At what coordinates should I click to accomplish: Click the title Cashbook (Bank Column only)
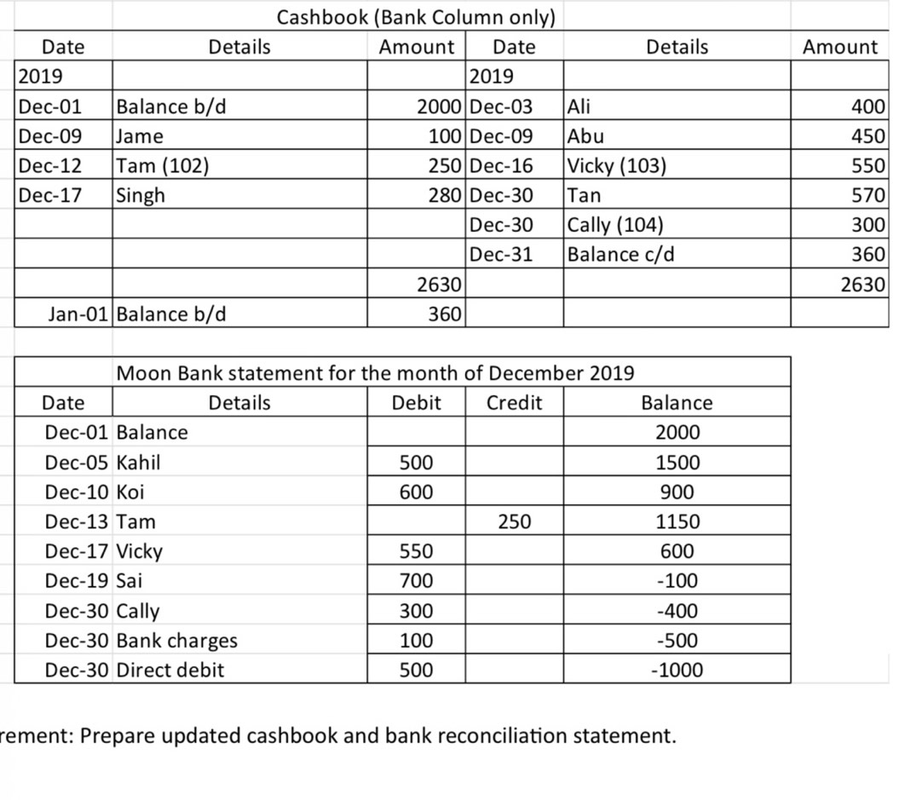coord(417,16)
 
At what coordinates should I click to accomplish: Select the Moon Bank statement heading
coord(374,372)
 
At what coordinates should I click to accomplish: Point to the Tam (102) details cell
coord(161,165)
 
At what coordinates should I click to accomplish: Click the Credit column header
coord(514,402)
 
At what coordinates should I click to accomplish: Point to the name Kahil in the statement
coord(138,463)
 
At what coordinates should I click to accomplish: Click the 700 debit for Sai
coord(416,581)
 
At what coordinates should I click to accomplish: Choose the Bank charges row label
coord(176,640)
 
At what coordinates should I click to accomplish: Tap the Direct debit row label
coord(170,670)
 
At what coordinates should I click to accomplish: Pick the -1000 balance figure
coord(677,670)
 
